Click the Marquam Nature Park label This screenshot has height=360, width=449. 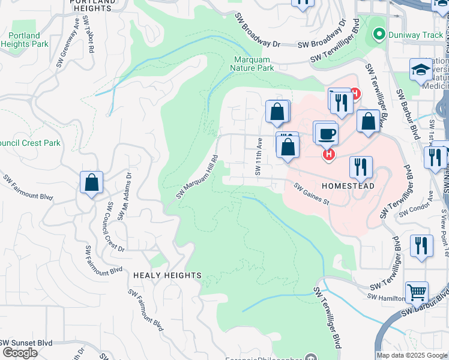click(252, 64)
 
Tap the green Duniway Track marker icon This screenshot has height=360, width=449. click(378, 35)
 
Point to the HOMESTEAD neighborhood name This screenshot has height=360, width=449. click(348, 186)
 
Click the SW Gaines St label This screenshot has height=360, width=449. click(312, 194)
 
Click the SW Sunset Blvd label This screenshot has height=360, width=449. click(26, 343)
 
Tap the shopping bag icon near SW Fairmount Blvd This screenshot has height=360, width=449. click(91, 182)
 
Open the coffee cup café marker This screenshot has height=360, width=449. click(328, 134)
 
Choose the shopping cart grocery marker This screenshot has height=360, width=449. click(417, 292)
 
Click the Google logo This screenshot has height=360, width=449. click(20, 353)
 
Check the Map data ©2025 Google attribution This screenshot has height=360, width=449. click(412, 355)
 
